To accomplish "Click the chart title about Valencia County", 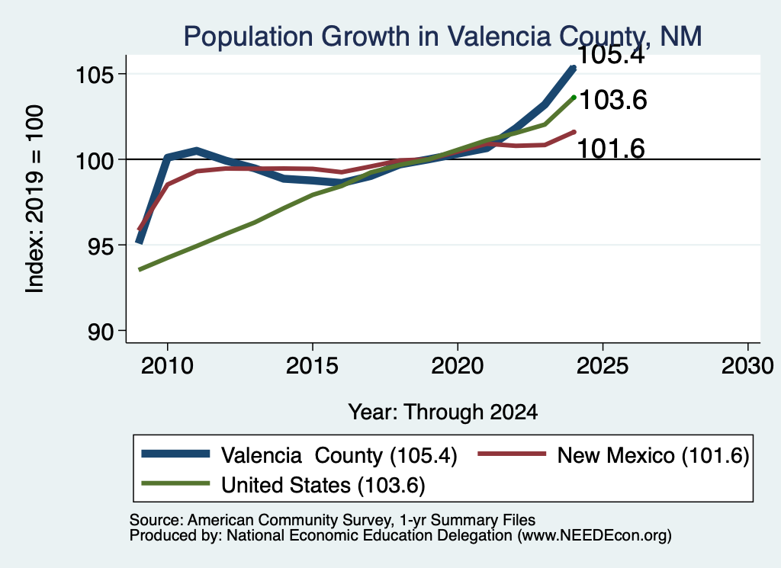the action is [443, 37].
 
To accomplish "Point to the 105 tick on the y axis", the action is [95, 75].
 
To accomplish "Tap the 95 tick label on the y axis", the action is [101, 246].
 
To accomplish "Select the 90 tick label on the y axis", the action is [101, 332].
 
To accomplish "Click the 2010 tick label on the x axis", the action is [167, 367].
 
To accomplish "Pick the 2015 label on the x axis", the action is [312, 367].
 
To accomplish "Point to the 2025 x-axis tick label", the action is [603, 367].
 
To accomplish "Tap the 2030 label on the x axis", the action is [747, 367].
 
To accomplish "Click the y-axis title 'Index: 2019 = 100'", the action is [35, 199].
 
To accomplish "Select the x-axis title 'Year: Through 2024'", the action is [443, 412].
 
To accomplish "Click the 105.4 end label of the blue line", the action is [612, 55].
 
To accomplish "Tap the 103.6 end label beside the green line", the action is [613, 100].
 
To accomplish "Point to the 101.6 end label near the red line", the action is [611, 149].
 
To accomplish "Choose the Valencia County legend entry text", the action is [339, 455].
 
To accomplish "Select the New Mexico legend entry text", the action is [653, 455].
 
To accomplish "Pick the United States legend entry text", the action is [323, 486].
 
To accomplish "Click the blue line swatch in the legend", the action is [175, 454].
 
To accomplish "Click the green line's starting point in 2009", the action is [140, 269].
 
